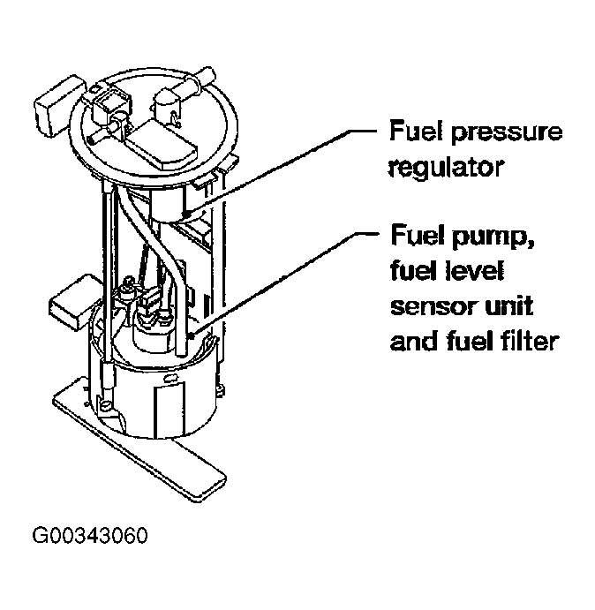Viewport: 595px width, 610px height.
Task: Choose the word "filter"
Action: point(527,340)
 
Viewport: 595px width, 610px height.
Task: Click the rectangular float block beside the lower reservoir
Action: point(77,298)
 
